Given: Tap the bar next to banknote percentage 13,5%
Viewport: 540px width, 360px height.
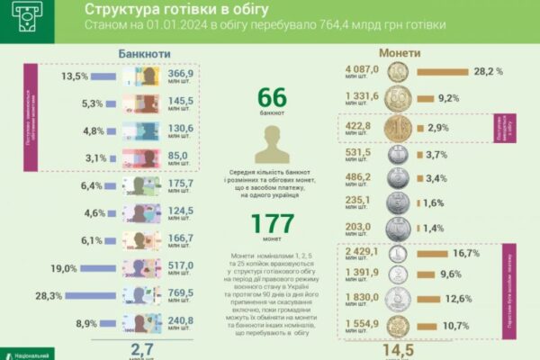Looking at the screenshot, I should click(108, 76).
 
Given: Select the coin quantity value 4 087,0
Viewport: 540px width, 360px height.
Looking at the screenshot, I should click(364, 68).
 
